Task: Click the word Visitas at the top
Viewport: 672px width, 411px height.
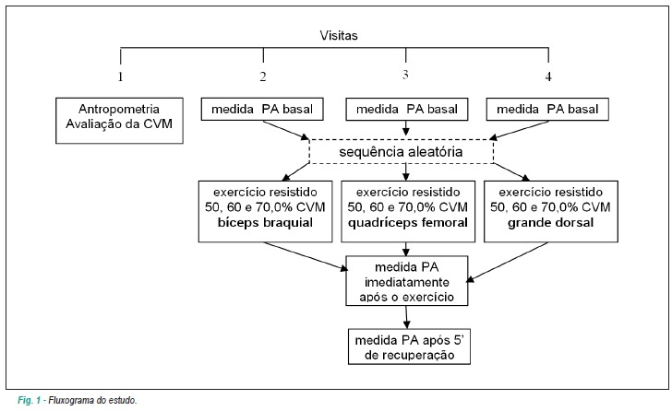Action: point(339,35)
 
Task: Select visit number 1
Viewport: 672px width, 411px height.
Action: point(120,76)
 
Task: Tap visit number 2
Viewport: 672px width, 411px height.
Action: point(263,76)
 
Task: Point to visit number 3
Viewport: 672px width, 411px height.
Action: point(405,75)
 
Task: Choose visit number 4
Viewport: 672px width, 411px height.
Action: point(548,76)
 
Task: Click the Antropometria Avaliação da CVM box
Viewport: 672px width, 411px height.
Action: point(120,121)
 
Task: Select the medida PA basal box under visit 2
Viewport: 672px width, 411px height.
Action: point(262,109)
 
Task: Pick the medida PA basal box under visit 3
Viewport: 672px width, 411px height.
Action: point(407,109)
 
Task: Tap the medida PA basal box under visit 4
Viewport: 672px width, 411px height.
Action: point(547,109)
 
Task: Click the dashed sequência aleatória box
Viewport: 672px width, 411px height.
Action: point(402,151)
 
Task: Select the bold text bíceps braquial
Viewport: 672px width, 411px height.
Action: point(265,222)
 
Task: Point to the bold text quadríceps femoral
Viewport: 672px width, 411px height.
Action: point(408,222)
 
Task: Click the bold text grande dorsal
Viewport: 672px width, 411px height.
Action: point(551,222)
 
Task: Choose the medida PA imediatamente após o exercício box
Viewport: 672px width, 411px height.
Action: point(407,281)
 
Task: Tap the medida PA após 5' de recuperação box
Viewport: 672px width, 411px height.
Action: point(409,346)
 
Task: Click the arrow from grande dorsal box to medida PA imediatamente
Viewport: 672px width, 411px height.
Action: point(508,262)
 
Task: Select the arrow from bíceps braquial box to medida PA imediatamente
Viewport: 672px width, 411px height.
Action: point(306,256)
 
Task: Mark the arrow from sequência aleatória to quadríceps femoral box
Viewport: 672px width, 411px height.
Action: point(406,172)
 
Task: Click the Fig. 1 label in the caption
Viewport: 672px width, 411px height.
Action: point(30,400)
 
